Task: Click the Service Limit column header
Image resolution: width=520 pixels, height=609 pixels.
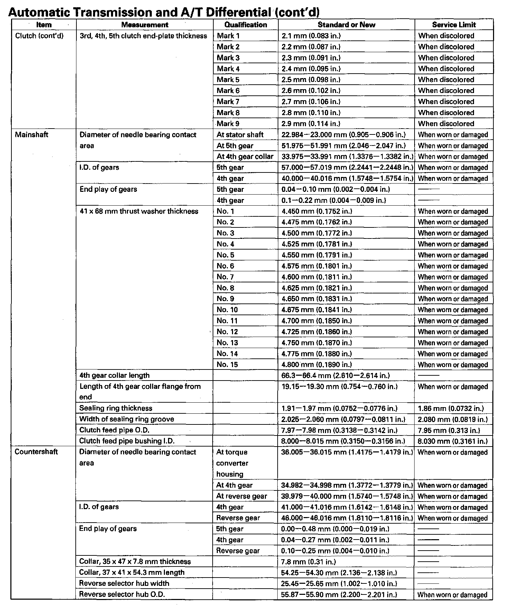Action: tap(454, 25)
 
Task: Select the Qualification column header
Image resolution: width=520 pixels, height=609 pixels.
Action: tap(245, 25)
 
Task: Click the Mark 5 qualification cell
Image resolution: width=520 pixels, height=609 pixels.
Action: tap(228, 80)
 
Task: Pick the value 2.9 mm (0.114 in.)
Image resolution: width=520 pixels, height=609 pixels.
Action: tap(311, 124)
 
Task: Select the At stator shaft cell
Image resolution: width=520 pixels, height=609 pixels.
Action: tap(240, 135)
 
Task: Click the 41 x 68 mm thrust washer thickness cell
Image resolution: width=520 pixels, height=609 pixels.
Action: tap(139, 212)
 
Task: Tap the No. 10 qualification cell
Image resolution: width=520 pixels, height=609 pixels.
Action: tap(227, 310)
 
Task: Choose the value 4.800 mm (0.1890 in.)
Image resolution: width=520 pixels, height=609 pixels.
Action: tap(317, 365)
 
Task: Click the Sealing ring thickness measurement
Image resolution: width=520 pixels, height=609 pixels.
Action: tap(115, 408)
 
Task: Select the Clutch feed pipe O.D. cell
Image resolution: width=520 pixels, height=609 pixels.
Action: tap(114, 430)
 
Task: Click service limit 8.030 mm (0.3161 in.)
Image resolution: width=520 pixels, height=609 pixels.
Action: tap(453, 441)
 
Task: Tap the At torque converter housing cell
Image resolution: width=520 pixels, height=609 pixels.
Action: tap(232, 463)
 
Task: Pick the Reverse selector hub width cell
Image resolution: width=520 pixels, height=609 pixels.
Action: tap(124, 583)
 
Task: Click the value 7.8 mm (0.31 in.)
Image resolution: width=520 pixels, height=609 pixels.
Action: tap(308, 562)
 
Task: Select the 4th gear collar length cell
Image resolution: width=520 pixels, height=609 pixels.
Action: tap(114, 375)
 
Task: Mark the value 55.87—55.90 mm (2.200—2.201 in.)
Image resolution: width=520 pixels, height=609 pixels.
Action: tap(339, 594)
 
